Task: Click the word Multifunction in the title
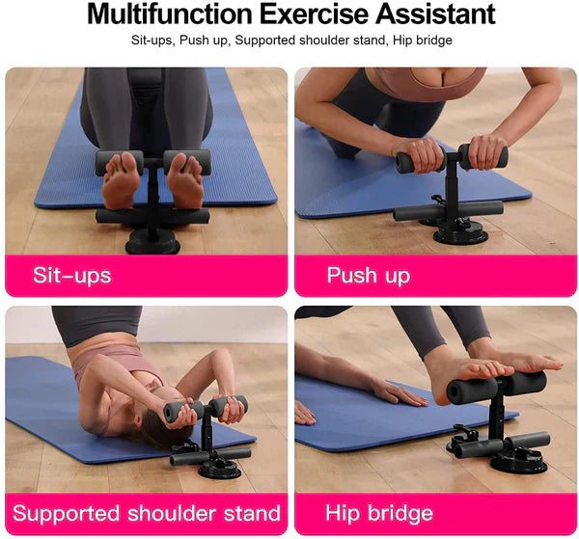(170, 14)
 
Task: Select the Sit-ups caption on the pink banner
(72, 276)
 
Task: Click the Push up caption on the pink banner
(368, 276)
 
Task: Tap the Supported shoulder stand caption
(147, 513)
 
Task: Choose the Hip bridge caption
(379, 513)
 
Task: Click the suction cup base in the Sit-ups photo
(152, 240)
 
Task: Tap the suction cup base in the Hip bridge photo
(517, 461)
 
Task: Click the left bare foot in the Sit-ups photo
(122, 181)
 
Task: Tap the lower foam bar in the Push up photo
(448, 209)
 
